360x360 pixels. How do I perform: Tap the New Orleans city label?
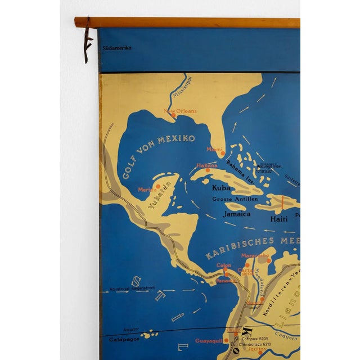click(x=180, y=111)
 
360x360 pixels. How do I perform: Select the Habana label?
click(x=206, y=165)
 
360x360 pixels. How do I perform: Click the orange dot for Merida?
click(x=158, y=186)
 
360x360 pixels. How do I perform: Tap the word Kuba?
click(x=221, y=189)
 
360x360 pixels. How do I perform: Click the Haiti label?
click(x=280, y=219)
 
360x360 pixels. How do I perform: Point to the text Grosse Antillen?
click(x=235, y=199)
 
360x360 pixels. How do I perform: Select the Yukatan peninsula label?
click(x=159, y=197)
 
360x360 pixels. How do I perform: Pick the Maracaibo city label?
click(x=256, y=255)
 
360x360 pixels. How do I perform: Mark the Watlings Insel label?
click(x=269, y=167)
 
